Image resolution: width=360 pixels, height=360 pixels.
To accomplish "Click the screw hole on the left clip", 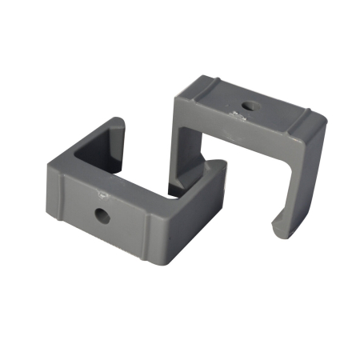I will pyautogui.click(x=103, y=214).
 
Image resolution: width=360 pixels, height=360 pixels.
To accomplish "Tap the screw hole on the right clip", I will pyautogui.click(x=250, y=105).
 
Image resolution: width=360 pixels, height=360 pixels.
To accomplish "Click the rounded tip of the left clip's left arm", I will pyautogui.click(x=117, y=124).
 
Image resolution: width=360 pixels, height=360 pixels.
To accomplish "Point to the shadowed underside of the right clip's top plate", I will pyautogui.click(x=240, y=148).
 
